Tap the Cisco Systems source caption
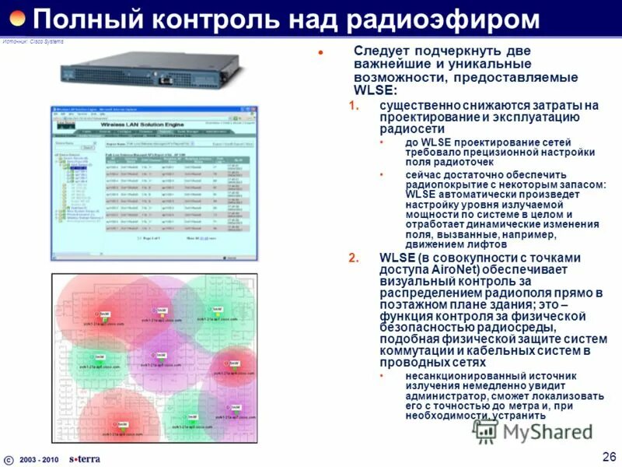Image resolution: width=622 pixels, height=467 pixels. pyautogui.click(x=33, y=40)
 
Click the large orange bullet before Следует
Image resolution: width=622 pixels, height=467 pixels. pyautogui.click(x=320, y=51)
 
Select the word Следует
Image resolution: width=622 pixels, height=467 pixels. pyautogui.click(x=381, y=51)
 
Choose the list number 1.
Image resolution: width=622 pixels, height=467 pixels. pyautogui.click(x=353, y=105)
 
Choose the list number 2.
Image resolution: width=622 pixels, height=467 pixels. pyautogui.click(x=353, y=258)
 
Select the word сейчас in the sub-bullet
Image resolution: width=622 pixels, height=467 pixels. pyautogui.click(x=423, y=174)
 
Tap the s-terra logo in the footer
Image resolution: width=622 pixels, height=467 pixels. pyautogui.click(x=84, y=458)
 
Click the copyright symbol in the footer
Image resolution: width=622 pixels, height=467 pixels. pyautogui.click(x=9, y=458)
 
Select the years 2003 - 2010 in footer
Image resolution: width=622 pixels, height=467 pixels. pyautogui.click(x=39, y=459)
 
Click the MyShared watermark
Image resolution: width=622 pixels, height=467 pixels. pyautogui.click(x=536, y=430)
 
